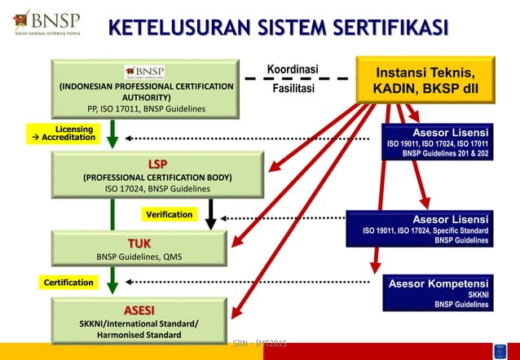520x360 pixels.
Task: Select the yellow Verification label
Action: click(x=170, y=214)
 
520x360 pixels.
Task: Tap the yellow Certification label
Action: click(x=68, y=283)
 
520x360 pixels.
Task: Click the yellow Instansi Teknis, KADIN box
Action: click(x=425, y=79)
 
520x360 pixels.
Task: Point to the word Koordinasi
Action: click(x=293, y=68)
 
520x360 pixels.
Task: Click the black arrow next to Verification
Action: click(x=211, y=214)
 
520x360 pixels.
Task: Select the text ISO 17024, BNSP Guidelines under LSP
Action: click(x=157, y=189)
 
